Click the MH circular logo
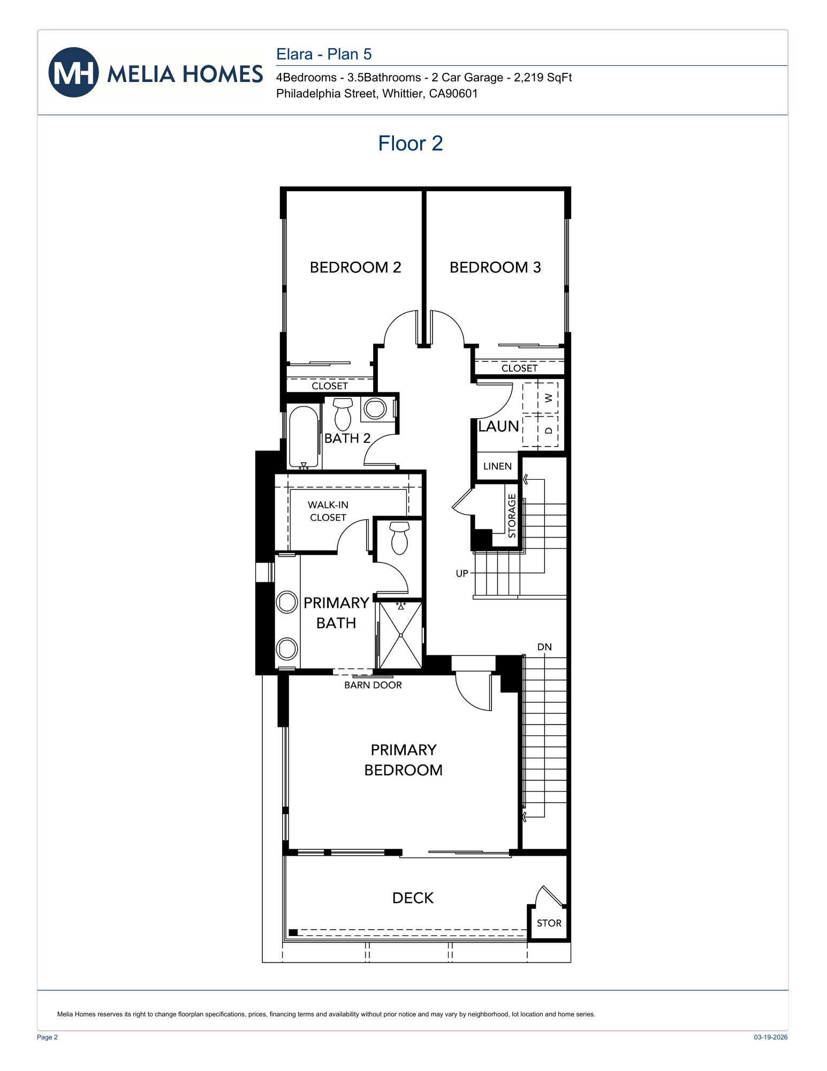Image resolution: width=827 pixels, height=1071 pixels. [73, 72]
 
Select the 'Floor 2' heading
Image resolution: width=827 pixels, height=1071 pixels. [410, 144]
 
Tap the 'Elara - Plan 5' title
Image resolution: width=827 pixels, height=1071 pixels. [323, 54]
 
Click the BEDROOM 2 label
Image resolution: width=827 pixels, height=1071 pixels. [355, 267]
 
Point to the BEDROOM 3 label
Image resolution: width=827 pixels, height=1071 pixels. [495, 267]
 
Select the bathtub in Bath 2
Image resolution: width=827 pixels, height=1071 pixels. [304, 437]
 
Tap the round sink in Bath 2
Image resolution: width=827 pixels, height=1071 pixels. [375, 409]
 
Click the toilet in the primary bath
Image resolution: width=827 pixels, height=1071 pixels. [399, 538]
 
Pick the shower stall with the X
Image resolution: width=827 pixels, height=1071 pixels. [400, 635]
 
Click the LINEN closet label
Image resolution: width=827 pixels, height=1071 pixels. [497, 466]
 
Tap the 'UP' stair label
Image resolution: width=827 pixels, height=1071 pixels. [461, 574]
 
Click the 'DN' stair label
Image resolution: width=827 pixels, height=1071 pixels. [544, 647]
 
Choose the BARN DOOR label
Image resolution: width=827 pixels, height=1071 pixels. [373, 685]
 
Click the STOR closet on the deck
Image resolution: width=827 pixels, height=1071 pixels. [549, 923]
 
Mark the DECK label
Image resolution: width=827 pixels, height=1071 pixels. [413, 898]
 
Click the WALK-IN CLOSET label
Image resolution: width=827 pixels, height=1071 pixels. [328, 511]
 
